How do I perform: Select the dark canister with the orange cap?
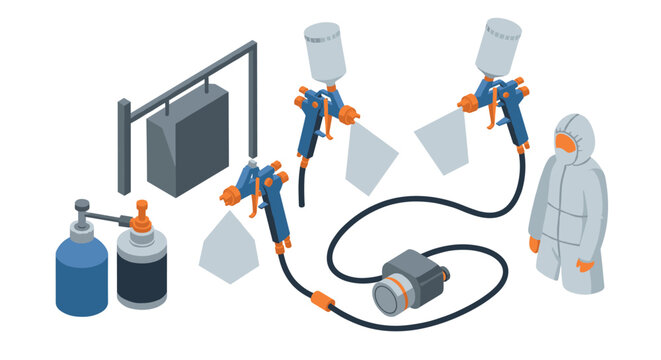click(x=141, y=269)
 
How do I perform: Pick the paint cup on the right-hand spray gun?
click(x=497, y=46)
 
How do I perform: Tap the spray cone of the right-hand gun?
click(x=441, y=140)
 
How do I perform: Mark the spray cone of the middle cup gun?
click(x=370, y=155)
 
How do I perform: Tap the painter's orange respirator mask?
click(x=567, y=145)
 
